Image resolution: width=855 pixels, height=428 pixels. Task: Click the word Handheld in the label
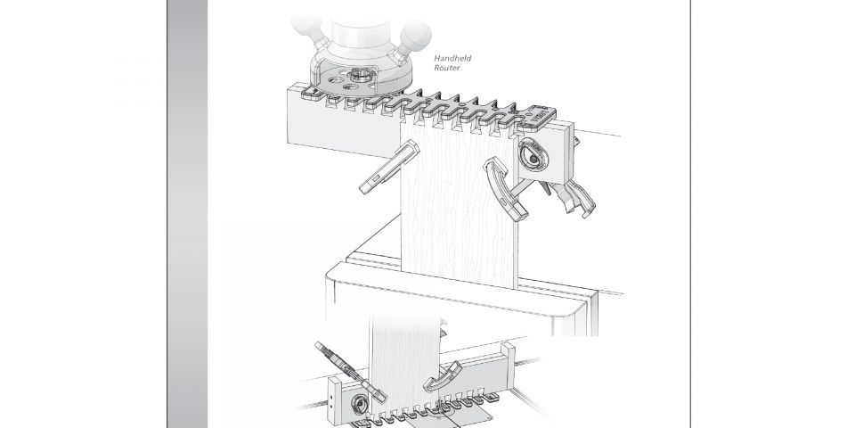(x=452, y=58)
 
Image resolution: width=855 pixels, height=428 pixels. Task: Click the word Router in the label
(x=447, y=68)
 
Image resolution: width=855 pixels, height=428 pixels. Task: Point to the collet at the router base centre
(x=359, y=74)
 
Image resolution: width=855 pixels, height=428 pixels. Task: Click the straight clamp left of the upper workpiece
(x=389, y=167)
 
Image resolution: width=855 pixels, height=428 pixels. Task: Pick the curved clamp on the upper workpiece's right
(x=505, y=188)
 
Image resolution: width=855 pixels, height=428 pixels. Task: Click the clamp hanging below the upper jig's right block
(x=570, y=198)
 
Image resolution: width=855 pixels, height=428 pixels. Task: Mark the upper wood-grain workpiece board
(x=460, y=205)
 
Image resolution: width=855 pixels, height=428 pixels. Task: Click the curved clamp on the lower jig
(x=444, y=377)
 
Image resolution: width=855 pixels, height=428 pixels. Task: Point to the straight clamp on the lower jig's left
(x=351, y=372)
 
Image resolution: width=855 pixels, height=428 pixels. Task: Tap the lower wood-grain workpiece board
(x=404, y=366)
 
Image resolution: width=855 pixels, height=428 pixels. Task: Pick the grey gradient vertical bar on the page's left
(x=187, y=214)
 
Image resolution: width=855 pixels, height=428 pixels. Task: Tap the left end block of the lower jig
(x=334, y=400)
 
